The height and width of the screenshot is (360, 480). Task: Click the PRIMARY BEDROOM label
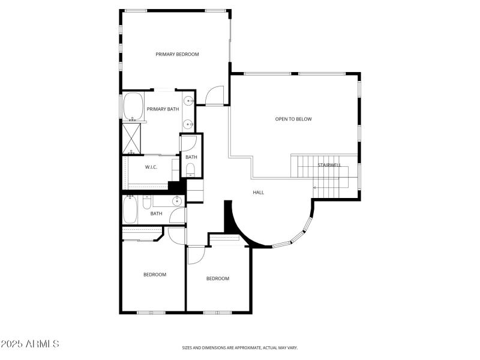177,55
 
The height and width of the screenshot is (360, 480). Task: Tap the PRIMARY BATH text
163,109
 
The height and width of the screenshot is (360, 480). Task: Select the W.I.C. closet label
151,167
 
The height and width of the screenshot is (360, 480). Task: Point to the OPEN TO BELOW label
293,119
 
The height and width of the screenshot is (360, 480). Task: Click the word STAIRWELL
329,164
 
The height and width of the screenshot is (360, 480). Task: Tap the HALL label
258,193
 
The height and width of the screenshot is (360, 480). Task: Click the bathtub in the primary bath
133,106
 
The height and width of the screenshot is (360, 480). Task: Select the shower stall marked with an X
132,137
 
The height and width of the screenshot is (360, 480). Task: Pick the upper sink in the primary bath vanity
188,101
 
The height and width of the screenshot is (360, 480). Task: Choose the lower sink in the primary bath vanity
188,125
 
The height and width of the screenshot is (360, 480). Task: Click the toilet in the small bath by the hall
191,169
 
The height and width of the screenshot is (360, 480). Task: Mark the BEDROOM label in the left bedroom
154,275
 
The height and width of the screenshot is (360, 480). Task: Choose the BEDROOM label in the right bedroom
218,278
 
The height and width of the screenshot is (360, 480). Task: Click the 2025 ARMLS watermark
30,344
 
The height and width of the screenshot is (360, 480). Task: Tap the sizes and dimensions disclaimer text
240,347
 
